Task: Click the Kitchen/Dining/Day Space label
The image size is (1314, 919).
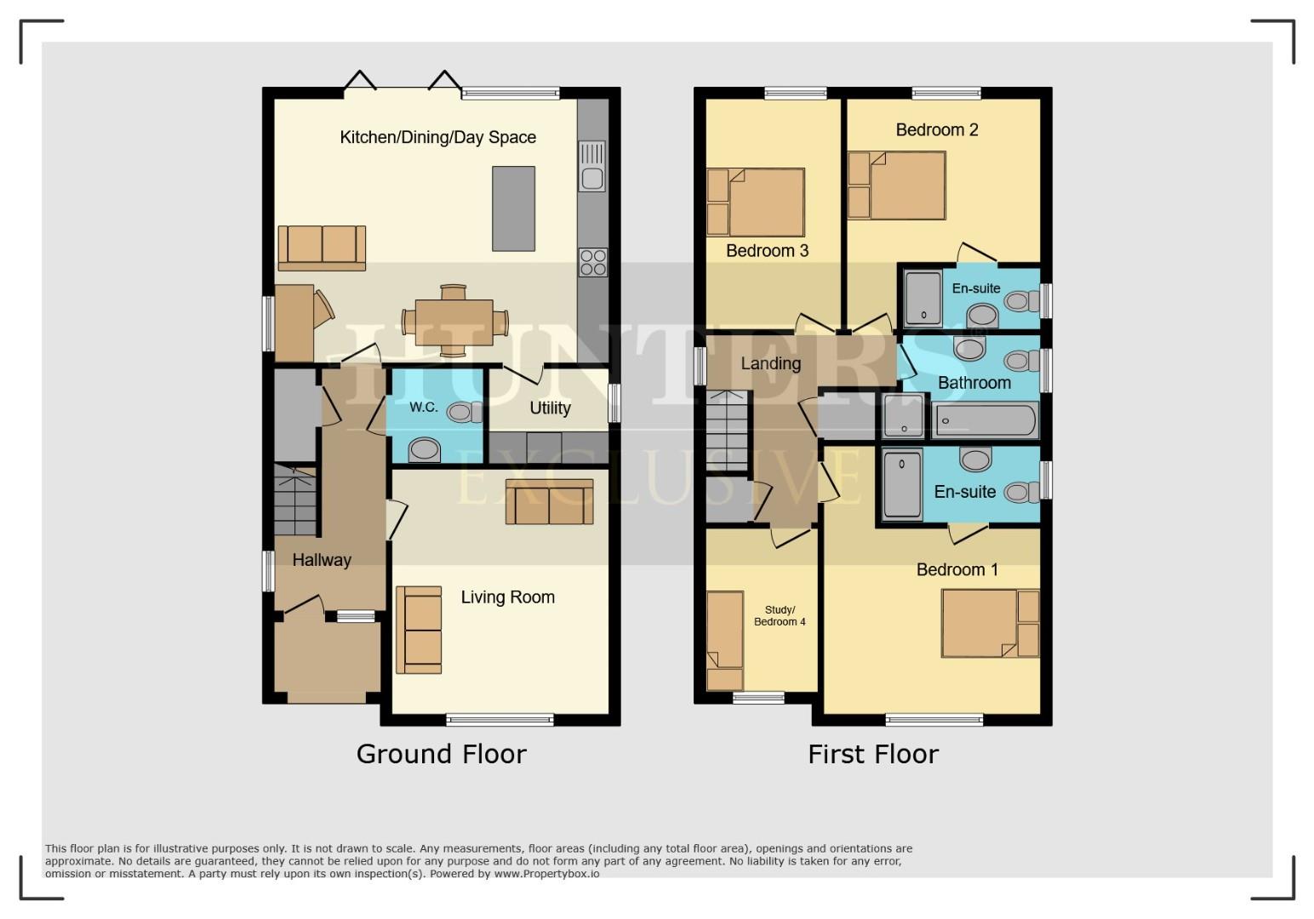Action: coord(437,137)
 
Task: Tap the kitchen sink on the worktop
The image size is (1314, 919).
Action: coord(591,167)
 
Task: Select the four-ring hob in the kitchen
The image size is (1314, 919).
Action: coord(593,262)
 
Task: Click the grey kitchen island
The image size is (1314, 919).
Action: coord(514,208)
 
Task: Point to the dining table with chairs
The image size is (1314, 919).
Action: coord(454,322)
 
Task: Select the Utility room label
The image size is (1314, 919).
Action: coord(550,408)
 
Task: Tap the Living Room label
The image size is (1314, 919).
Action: coord(507,597)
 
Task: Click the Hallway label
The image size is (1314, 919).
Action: coord(322,560)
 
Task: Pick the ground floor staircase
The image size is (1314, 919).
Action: coord(295,502)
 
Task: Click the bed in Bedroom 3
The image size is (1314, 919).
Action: coord(765,203)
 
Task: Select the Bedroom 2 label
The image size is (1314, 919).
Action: coord(937,129)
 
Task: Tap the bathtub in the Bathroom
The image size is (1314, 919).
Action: coord(985,421)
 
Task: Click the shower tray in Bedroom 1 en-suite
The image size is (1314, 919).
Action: coord(902,485)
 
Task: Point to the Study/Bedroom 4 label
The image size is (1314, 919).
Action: coord(780,616)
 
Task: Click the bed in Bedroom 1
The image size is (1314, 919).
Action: coord(980,624)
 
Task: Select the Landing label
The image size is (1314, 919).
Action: coord(770,363)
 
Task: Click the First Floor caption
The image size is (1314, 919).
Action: coord(872,754)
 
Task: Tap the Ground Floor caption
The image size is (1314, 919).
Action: coord(441,754)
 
